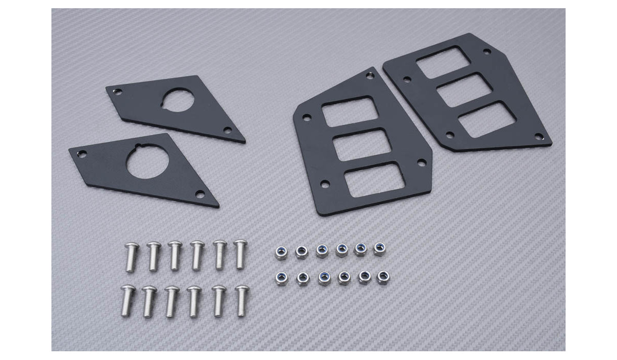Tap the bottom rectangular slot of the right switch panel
tap(485, 119)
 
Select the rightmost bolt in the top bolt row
tap(240, 254)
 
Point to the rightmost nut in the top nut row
tap(379, 248)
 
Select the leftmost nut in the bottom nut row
tap(282, 278)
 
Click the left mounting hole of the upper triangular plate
tap(117, 93)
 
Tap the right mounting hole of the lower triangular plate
tap(200, 194)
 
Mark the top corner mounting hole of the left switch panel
tap(368, 76)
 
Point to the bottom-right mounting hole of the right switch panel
tap(538, 136)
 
